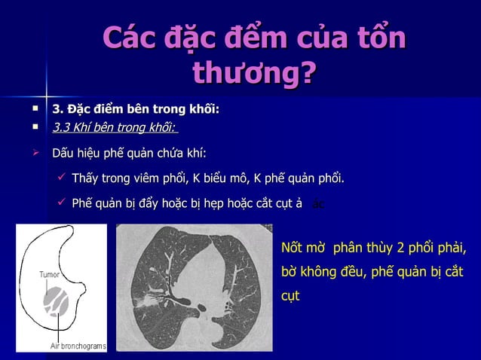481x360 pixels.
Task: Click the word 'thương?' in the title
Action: point(254,74)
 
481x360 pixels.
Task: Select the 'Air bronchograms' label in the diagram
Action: point(78,346)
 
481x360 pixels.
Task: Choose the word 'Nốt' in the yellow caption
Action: point(292,249)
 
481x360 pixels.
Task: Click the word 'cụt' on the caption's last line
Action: point(290,296)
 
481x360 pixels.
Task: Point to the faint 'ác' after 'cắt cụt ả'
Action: point(318,203)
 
